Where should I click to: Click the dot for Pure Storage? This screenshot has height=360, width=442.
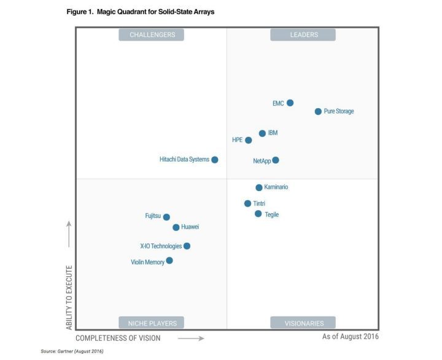[318, 112]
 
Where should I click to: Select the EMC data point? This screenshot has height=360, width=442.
[290, 103]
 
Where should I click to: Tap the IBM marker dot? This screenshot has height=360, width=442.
[262, 133]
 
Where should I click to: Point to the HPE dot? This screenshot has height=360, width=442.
[249, 140]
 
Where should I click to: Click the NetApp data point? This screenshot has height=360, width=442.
[276, 160]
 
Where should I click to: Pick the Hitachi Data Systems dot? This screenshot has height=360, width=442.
[215, 160]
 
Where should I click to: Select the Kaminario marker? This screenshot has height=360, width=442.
[259, 187]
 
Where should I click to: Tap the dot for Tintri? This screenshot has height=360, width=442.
[248, 203]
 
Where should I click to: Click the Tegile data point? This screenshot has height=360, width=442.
[258, 214]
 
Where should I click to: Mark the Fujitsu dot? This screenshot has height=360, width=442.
[166, 217]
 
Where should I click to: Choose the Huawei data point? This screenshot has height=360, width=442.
[176, 227]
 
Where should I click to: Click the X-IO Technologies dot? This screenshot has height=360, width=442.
[187, 246]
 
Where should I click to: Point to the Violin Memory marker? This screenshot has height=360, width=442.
[169, 260]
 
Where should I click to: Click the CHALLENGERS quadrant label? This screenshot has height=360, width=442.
[152, 35]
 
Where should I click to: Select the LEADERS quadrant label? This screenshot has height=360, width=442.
[304, 35]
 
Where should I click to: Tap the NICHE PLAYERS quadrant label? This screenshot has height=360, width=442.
[152, 323]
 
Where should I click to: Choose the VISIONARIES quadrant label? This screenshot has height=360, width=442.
[304, 323]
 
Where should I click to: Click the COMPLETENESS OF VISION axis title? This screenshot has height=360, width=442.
[118, 338]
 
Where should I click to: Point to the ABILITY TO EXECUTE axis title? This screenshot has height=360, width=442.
[69, 297]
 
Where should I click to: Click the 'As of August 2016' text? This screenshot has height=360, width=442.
[351, 337]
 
